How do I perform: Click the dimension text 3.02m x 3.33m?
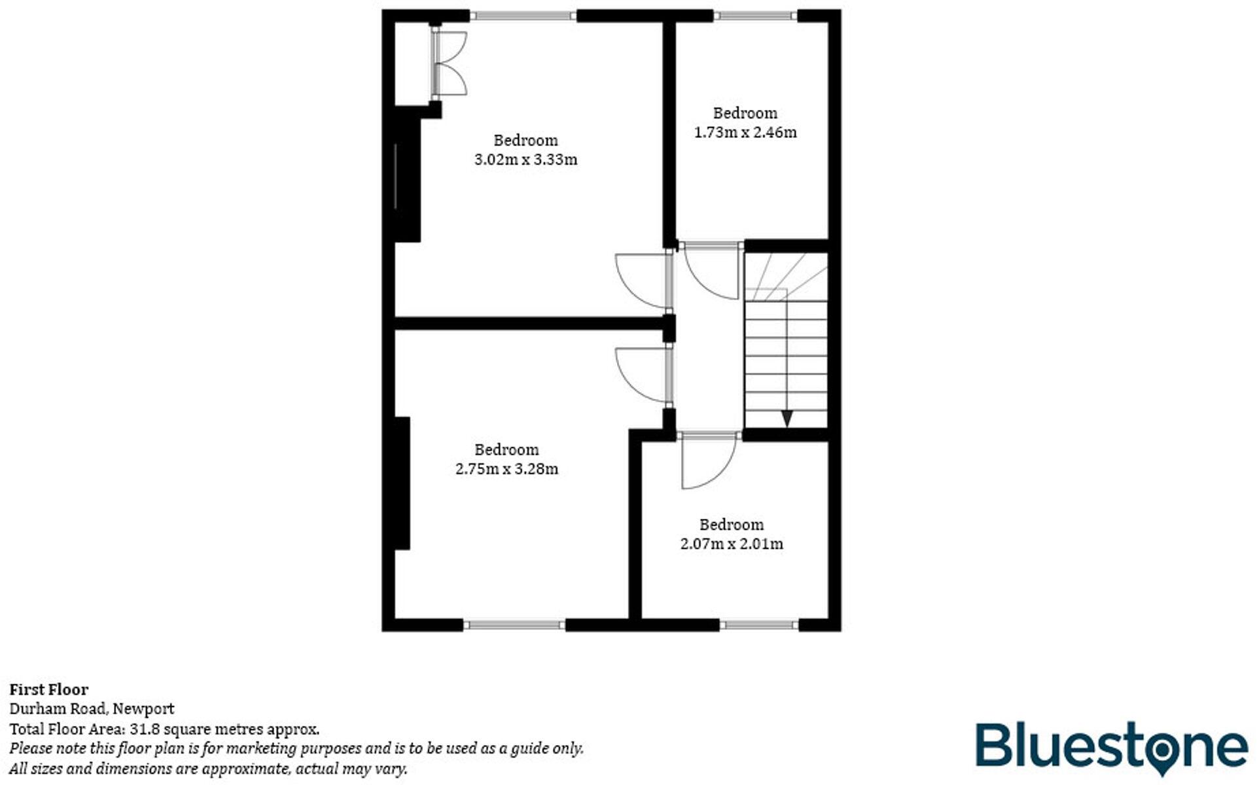tap(525, 160)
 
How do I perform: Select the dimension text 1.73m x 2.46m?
tap(745, 132)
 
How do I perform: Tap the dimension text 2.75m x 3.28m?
tap(506, 469)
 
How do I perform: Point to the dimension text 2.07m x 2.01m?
tap(732, 544)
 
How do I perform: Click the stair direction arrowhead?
tap(787, 418)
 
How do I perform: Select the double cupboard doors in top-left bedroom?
tap(450, 65)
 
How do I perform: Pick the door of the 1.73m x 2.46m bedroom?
tap(712, 270)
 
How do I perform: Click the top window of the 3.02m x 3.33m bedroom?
tap(523, 16)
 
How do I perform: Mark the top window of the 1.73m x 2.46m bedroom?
tap(755, 16)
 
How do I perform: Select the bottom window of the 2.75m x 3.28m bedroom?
tap(514, 625)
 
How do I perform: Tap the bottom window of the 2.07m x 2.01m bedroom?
tap(759, 625)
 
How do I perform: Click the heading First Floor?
tap(48, 689)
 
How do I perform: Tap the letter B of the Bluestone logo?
tap(993, 744)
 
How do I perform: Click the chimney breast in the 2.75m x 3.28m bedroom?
tap(402, 483)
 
